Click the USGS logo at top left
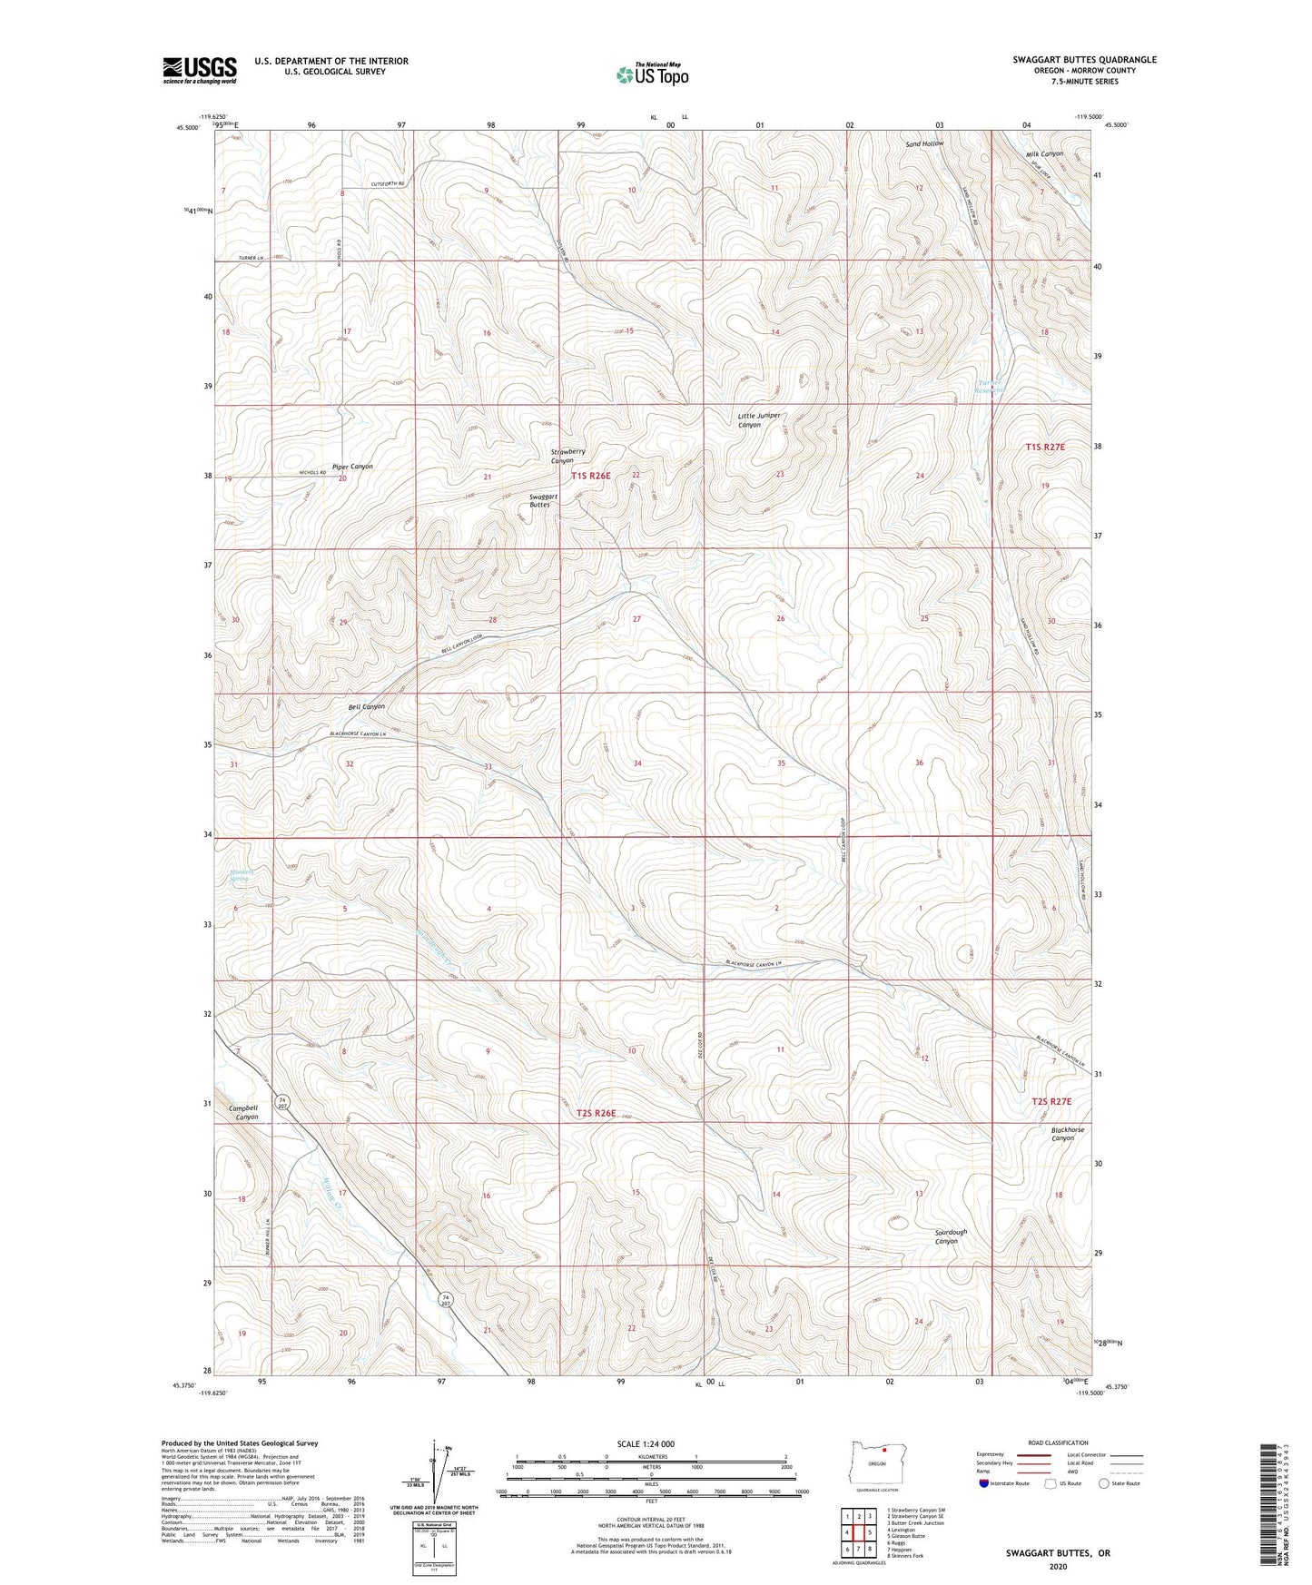click(x=200, y=70)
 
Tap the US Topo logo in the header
click(x=651, y=74)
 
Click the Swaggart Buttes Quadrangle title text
click(x=1084, y=60)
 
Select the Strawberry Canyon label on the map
click(x=567, y=456)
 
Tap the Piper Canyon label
click(x=352, y=467)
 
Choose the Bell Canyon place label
click(x=366, y=706)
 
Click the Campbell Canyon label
click(x=243, y=1112)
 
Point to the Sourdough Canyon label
click(x=950, y=1236)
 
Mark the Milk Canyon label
click(x=1044, y=154)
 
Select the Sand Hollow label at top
click(x=924, y=144)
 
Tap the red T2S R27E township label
click(x=1051, y=1101)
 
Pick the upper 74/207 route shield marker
click(x=283, y=1103)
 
